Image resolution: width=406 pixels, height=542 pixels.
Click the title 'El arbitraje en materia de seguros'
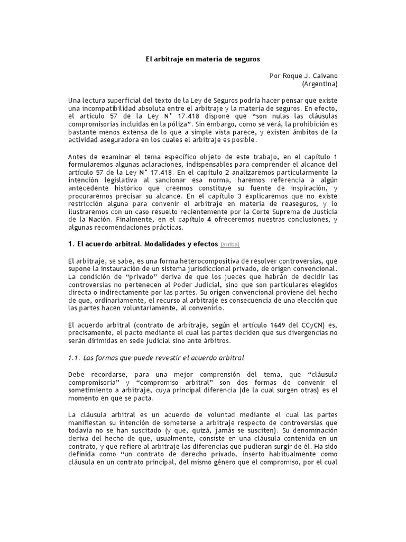pos(203,60)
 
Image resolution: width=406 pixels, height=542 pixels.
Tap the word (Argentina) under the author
pos(319,84)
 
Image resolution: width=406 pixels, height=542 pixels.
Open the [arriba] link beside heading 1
pos(230,245)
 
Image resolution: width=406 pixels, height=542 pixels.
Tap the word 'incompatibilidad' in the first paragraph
pos(108,109)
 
